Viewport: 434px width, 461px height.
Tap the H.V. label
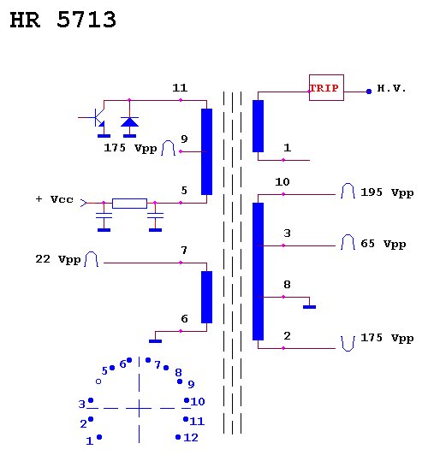[391, 88]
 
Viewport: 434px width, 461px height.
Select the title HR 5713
[63, 20]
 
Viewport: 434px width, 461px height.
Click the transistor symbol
[95, 117]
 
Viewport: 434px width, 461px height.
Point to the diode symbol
[129, 122]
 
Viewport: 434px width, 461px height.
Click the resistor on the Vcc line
[129, 204]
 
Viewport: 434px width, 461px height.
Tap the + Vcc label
[55, 199]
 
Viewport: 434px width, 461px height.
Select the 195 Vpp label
[387, 192]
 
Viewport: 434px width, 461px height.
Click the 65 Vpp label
[383, 244]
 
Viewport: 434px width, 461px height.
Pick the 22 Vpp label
[57, 259]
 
